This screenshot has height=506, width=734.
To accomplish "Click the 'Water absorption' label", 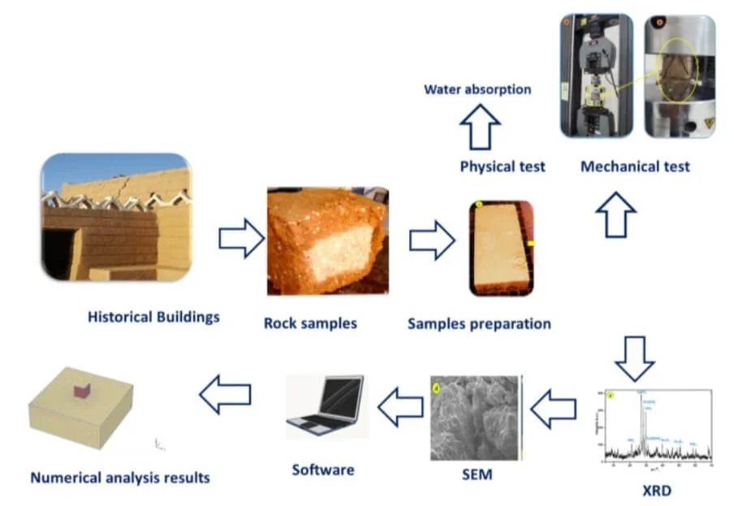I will pos(477,89).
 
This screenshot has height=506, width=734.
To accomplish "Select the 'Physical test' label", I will pos(503,167).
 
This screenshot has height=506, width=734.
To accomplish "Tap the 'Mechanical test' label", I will pos(635,167).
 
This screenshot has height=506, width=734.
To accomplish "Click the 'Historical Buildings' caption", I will pos(153,317).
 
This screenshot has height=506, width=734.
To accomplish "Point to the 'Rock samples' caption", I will pos(310,323).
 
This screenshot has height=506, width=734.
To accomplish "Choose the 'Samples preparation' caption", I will pos(479,323).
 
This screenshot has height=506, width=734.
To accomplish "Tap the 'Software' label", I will pos(323,469).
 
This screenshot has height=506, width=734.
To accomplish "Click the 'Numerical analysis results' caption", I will pos(120,478).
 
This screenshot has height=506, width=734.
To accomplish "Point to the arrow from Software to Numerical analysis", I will pos(225,396).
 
